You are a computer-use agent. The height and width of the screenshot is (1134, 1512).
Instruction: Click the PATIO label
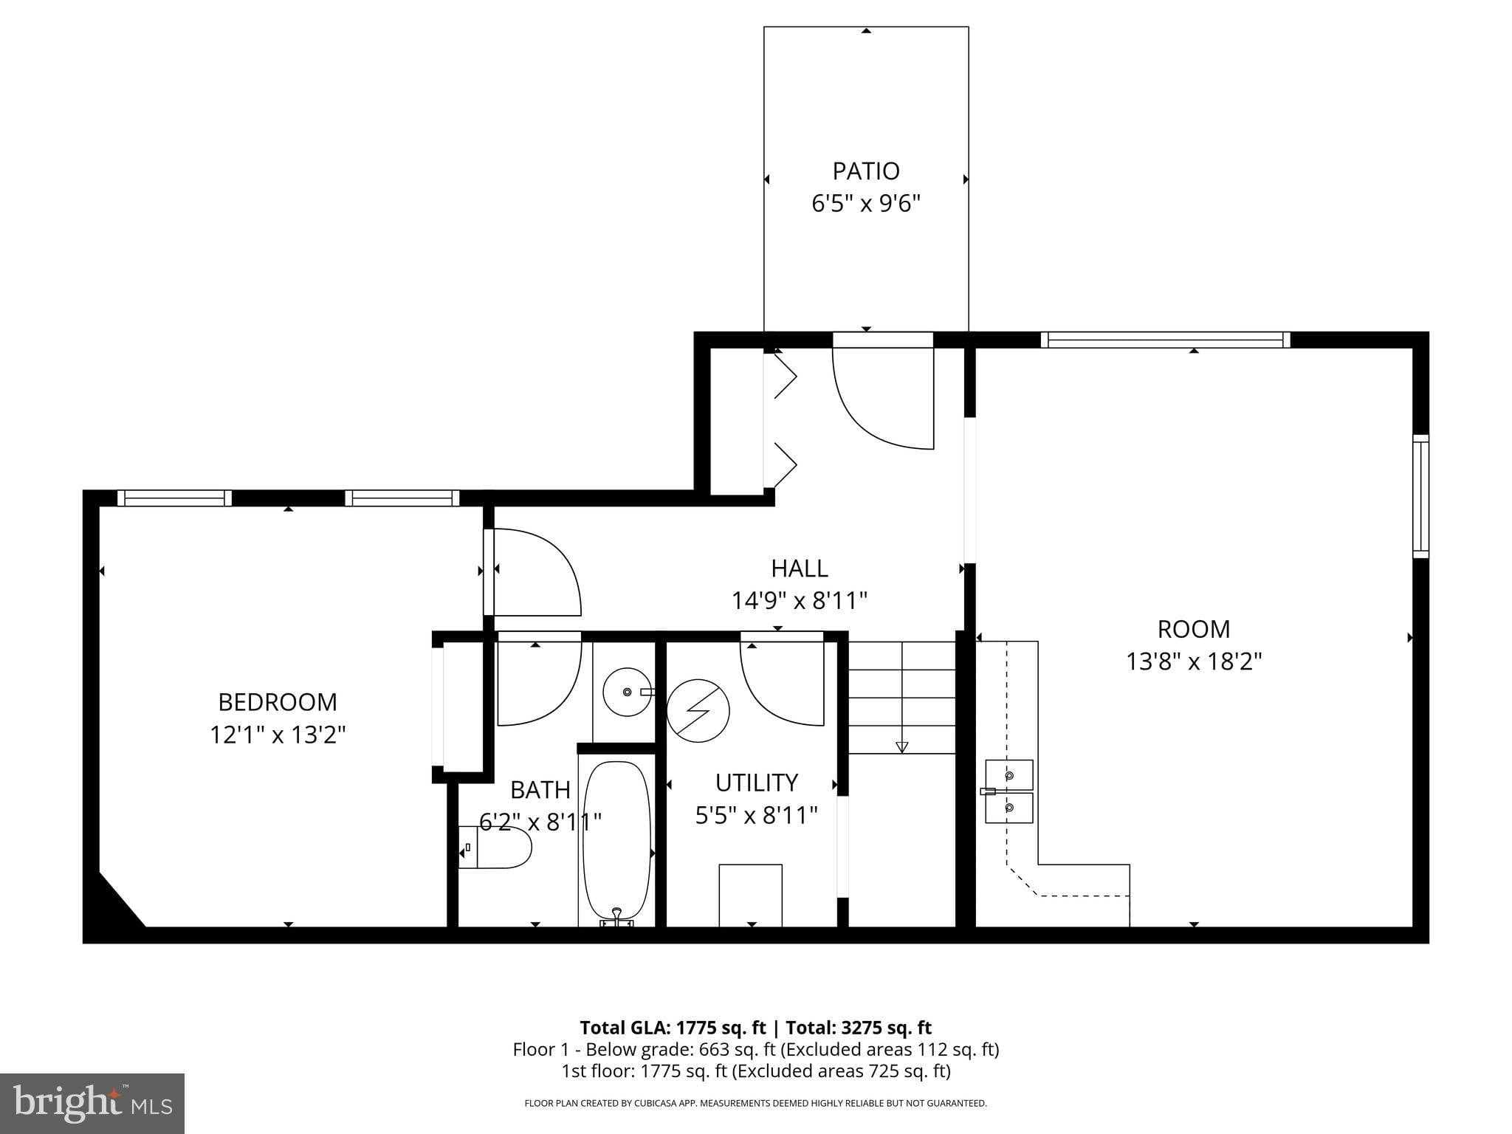coord(865,171)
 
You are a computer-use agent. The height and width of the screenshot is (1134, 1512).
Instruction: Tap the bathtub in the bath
coord(616,840)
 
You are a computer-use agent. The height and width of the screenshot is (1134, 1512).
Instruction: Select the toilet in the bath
coord(496,847)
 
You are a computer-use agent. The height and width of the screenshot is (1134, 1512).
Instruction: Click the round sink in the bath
coord(626,692)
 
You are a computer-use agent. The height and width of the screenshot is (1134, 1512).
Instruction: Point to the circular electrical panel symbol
coord(698,710)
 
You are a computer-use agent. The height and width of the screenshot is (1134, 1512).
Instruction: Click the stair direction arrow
coord(901,746)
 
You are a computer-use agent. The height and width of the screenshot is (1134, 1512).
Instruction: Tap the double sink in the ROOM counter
coord(1008,791)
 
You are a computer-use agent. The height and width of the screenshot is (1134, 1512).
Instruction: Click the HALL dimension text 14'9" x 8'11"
coord(799,601)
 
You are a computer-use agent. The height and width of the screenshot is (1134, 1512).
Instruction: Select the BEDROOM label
coord(278,701)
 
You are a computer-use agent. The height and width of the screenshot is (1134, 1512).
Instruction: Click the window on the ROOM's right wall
coord(1420,496)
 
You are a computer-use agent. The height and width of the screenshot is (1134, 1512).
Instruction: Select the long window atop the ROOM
coord(1165,340)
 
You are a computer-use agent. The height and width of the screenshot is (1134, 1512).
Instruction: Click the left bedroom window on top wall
coord(174,498)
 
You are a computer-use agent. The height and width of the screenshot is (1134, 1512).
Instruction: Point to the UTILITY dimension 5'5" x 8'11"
coord(756,816)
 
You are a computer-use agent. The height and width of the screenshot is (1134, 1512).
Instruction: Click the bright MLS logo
coord(92,1103)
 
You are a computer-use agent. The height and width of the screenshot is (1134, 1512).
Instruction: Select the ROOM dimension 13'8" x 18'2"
coord(1193,661)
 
